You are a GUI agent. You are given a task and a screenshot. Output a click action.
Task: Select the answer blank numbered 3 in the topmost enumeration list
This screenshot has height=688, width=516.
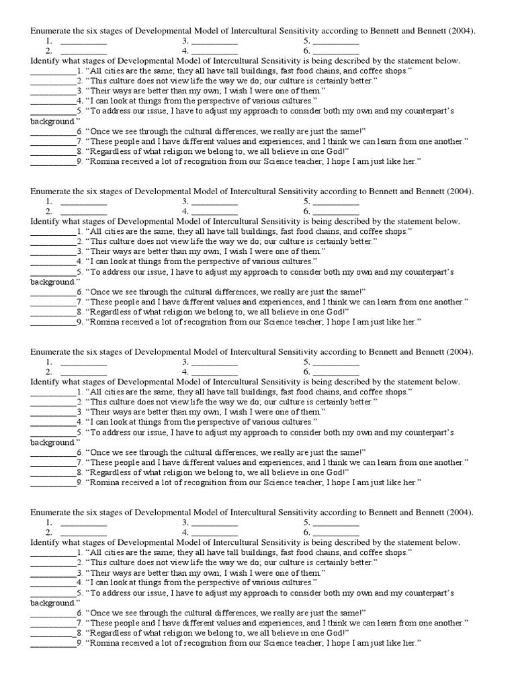pyautogui.click(x=214, y=41)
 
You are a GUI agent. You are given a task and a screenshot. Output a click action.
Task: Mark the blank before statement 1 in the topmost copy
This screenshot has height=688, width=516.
pyautogui.click(x=53, y=71)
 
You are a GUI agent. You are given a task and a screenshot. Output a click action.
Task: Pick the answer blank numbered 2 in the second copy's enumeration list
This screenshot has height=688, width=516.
pyautogui.click(x=83, y=211)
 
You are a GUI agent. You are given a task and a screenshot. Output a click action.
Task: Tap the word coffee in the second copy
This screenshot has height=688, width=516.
pyautogui.click(x=365, y=231)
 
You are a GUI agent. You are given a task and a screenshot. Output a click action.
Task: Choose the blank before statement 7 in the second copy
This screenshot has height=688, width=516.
pyautogui.click(x=53, y=302)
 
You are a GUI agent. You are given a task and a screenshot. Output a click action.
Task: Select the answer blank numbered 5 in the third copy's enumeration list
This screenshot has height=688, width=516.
pyautogui.click(x=336, y=361)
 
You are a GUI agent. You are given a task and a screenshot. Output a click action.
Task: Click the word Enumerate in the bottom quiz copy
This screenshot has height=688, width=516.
pyautogui.click(x=50, y=512)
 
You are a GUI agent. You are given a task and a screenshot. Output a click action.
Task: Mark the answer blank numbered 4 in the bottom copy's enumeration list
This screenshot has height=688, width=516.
pyautogui.click(x=214, y=532)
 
